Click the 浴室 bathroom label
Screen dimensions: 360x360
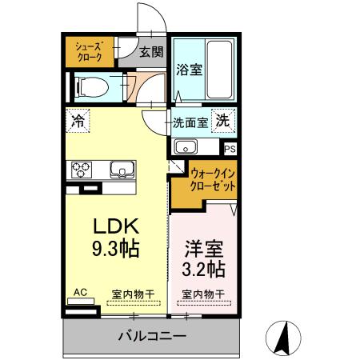click(x=189, y=70)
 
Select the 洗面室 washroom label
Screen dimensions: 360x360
click(x=190, y=123)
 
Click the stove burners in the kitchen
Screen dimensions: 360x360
click(x=82, y=170)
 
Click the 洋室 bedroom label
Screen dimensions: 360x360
click(x=201, y=247)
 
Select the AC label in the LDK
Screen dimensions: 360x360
click(x=80, y=293)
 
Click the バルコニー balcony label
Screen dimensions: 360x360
click(x=154, y=335)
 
